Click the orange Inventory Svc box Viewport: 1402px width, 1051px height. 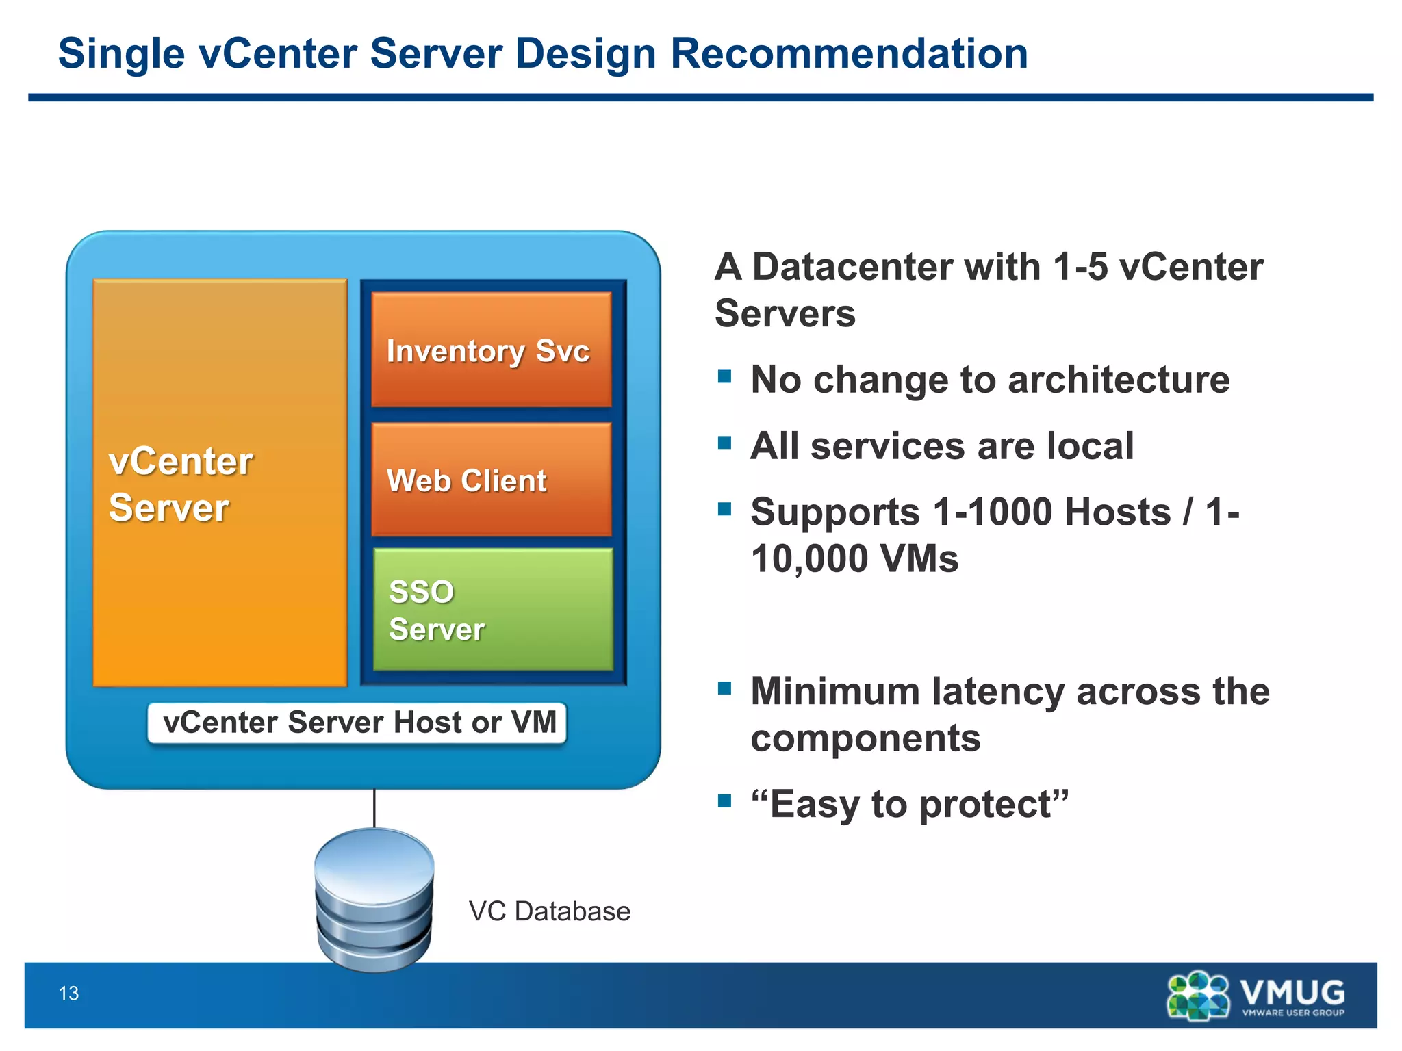(x=491, y=350)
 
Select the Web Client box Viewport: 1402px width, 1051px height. (x=491, y=480)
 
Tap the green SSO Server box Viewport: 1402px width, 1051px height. (x=493, y=610)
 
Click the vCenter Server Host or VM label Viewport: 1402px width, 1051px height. (x=357, y=723)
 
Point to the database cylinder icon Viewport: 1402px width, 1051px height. (x=374, y=898)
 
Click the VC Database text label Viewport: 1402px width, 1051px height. (x=549, y=911)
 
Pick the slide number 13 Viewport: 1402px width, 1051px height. (x=69, y=994)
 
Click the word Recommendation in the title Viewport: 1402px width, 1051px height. (x=849, y=54)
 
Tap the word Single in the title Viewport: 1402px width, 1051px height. (x=121, y=54)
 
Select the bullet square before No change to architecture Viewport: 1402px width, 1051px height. (x=724, y=376)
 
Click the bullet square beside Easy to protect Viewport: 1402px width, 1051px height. (x=724, y=801)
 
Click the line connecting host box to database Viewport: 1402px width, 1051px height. (x=374, y=807)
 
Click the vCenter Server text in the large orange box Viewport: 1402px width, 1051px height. (x=180, y=484)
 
